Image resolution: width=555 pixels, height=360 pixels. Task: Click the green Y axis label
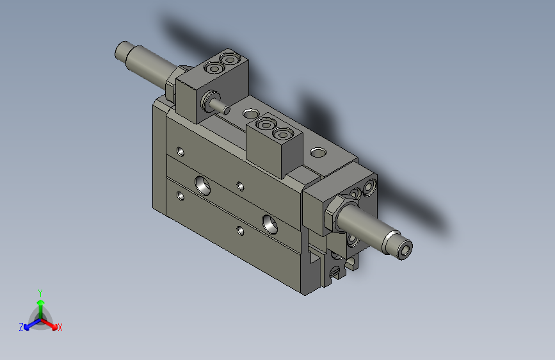click(x=40, y=292)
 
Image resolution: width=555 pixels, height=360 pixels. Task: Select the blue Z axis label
click(x=21, y=327)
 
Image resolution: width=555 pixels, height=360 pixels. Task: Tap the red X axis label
click(x=60, y=328)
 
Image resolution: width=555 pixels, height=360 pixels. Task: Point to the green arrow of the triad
click(x=40, y=304)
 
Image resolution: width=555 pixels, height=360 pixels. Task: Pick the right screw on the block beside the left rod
click(x=229, y=60)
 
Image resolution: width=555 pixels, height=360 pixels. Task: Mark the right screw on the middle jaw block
click(x=282, y=134)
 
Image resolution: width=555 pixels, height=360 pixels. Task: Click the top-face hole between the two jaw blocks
click(x=248, y=113)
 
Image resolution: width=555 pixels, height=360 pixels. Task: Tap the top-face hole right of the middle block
click(x=318, y=153)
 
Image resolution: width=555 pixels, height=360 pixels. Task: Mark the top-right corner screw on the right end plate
click(x=369, y=188)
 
